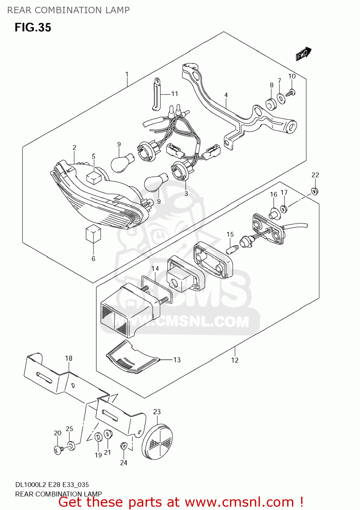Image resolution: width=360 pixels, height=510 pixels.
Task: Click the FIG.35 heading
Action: (33, 28)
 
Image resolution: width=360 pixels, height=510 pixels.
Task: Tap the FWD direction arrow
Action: (303, 54)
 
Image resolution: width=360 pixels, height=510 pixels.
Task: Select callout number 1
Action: (127, 74)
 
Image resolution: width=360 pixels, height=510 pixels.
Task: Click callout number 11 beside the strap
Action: (175, 94)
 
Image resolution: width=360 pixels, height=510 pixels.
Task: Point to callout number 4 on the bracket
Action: (226, 95)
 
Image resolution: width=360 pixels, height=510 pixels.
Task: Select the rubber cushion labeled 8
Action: (271, 104)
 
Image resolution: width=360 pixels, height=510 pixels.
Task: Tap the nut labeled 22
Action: (315, 191)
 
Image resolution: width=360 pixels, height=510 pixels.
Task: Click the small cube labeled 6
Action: (93, 234)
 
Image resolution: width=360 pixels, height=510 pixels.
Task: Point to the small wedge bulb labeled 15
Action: (232, 250)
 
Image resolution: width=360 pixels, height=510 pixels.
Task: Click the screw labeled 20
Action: (59, 450)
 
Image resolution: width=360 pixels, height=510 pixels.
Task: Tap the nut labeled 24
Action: (124, 445)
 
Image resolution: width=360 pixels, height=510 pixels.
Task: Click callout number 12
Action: (235, 360)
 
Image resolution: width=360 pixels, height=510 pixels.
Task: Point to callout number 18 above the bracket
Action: (69, 358)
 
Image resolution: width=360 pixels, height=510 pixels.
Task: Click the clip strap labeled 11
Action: (156, 94)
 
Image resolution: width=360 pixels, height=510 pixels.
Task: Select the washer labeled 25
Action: (71, 445)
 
